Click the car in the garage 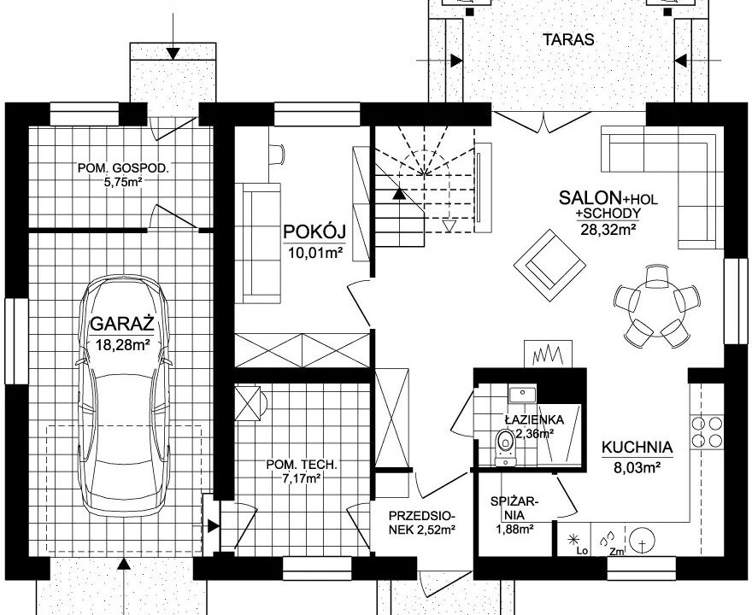[124, 395]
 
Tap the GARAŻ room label [122, 324]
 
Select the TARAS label [568, 39]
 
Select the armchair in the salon [549, 265]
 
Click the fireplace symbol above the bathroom [548, 354]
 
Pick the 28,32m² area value [608, 230]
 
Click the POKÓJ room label [314, 231]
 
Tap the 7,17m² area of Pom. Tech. [302, 477]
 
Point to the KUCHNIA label [637, 448]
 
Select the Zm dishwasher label [617, 552]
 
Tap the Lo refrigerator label [582, 551]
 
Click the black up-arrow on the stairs [398, 194]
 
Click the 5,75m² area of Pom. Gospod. [124, 182]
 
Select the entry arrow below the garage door [124, 586]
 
